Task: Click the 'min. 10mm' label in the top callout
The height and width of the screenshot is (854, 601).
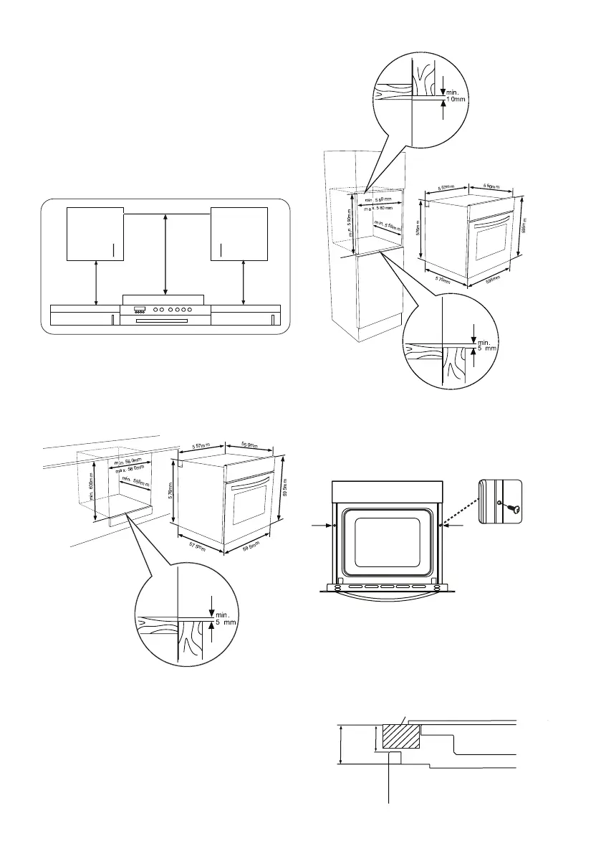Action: pyautogui.click(x=456, y=96)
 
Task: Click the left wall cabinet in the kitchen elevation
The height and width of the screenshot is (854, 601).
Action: pyautogui.click(x=95, y=234)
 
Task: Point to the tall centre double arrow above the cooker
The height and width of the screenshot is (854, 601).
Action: pyautogui.click(x=166, y=252)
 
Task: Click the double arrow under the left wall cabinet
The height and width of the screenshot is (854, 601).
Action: pyautogui.click(x=96, y=283)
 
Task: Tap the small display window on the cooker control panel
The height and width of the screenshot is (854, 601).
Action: pyautogui.click(x=140, y=310)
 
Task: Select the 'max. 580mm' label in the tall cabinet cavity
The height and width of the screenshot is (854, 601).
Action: pyautogui.click(x=379, y=208)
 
